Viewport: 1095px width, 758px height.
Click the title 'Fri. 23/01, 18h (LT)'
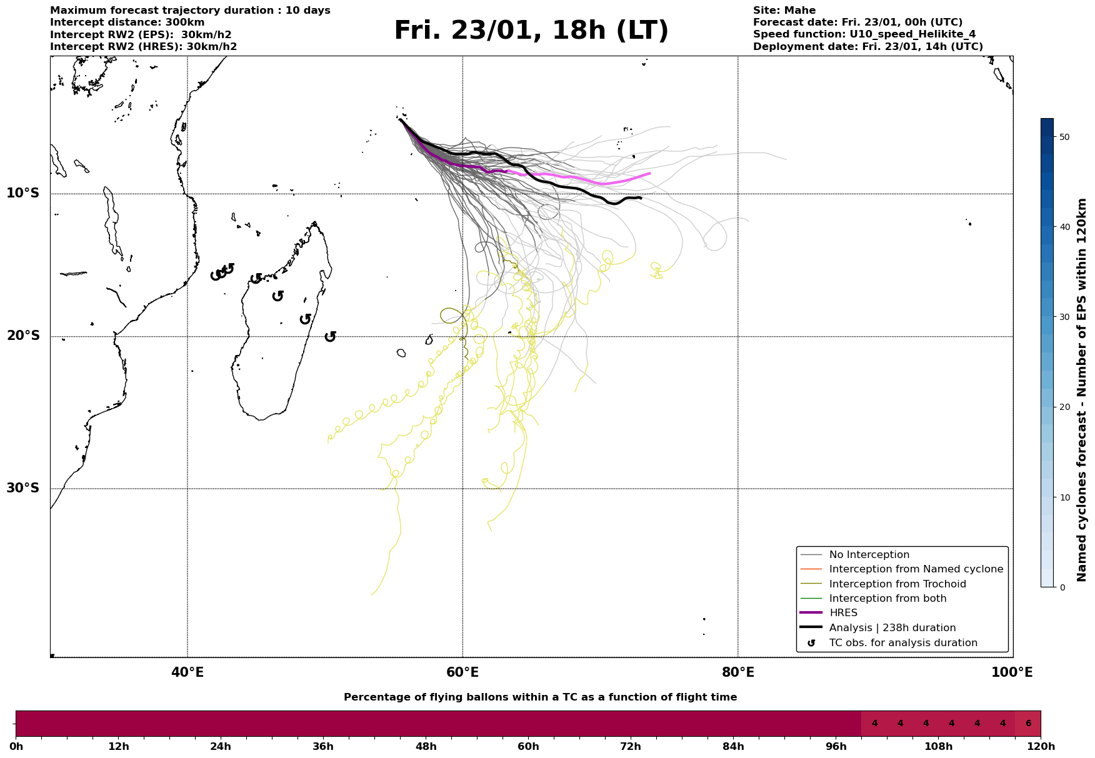coord(531,31)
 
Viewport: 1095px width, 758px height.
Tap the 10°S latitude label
coord(23,193)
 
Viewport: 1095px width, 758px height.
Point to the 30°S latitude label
coord(23,488)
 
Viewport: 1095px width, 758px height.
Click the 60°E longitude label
coord(462,672)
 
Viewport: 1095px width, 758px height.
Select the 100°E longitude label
coord(1012,672)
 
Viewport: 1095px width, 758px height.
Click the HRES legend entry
coord(843,613)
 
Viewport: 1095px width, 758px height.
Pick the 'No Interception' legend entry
coord(869,555)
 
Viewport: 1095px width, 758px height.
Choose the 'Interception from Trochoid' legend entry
coord(897,584)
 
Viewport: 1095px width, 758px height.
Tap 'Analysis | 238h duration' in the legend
coord(892,628)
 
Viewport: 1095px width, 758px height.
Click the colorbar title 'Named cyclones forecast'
coord(1082,390)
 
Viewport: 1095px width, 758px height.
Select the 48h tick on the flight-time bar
coord(426,746)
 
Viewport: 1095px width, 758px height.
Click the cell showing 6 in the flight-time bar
coord(1028,724)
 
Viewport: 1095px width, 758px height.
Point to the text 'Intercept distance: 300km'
coord(127,22)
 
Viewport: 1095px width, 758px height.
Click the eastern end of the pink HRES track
coord(650,173)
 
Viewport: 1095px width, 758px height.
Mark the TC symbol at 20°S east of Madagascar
coord(331,336)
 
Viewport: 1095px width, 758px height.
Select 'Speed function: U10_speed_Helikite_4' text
coord(864,34)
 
